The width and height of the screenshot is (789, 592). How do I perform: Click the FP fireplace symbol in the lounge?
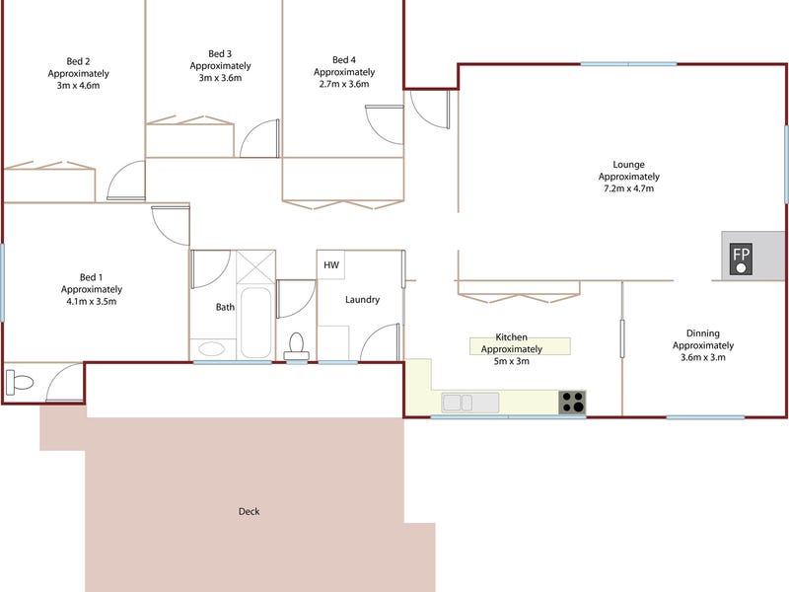742,259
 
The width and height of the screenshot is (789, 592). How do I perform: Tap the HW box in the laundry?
330,264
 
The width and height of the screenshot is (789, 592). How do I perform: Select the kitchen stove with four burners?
572,403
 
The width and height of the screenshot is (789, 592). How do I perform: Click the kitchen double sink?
470,403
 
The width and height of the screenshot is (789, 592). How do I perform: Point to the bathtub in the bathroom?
255,323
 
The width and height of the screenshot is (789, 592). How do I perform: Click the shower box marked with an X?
255,266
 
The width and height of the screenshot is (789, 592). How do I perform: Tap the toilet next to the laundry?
297,347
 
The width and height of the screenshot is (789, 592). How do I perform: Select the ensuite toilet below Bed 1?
19,383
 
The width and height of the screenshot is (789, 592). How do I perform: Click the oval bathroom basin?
211,348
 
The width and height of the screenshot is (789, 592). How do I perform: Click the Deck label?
250,511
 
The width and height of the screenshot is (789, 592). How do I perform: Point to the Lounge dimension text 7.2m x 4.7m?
628,188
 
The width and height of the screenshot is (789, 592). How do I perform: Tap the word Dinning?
703,333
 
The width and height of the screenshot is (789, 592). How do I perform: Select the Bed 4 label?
343,60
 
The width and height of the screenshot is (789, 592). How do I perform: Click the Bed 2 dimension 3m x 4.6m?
78,86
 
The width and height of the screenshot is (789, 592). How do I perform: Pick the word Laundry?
362,300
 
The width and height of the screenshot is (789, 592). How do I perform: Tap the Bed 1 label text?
91,277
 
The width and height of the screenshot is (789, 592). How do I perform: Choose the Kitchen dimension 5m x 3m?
511,361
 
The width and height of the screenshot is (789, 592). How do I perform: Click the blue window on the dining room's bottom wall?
705,417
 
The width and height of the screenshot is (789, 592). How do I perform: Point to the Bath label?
225,307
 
